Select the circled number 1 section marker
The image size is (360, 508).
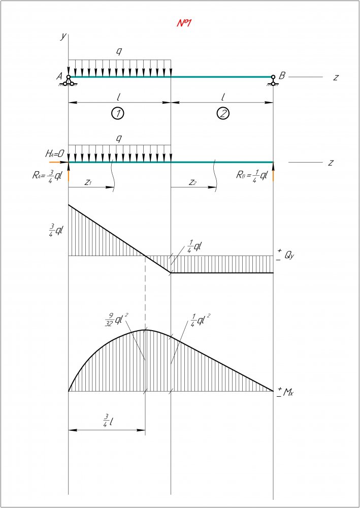click(x=118, y=113)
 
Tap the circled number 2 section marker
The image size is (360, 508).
click(x=223, y=113)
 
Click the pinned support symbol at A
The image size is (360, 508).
click(x=69, y=80)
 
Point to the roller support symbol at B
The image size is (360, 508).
click(x=273, y=81)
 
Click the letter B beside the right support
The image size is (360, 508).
click(x=282, y=76)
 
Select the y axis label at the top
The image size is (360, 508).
click(x=62, y=36)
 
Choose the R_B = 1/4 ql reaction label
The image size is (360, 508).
click(x=252, y=176)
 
